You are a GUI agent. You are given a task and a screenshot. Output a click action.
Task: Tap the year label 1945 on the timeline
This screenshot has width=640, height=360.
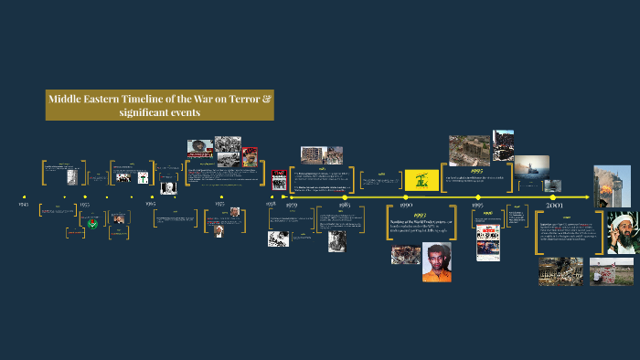[24, 206]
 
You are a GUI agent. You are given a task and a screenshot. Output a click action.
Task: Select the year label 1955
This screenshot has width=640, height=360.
[85, 206]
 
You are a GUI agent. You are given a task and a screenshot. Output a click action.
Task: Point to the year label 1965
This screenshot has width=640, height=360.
[151, 206]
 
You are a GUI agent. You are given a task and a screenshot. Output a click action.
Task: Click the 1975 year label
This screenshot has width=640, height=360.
[219, 206]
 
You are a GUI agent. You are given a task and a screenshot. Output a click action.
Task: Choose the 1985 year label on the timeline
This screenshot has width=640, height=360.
[344, 206]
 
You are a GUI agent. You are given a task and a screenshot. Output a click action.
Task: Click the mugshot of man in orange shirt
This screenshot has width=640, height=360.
[437, 261]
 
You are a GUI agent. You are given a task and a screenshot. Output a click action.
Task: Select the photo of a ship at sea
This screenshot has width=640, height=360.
[531, 166]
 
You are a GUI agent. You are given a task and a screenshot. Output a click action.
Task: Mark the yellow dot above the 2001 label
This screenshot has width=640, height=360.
[553, 197]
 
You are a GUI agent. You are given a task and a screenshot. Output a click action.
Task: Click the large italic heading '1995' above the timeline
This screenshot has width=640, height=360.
[476, 169]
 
